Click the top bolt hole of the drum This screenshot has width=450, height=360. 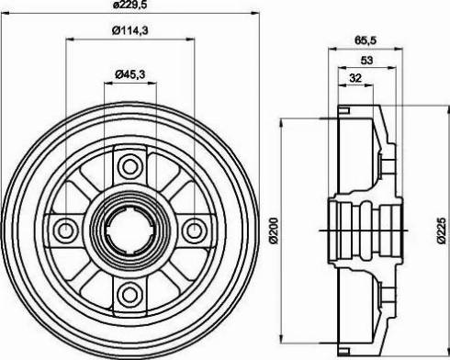pyautogui.click(x=129, y=166)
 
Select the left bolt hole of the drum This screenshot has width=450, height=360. pyautogui.click(x=67, y=229)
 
